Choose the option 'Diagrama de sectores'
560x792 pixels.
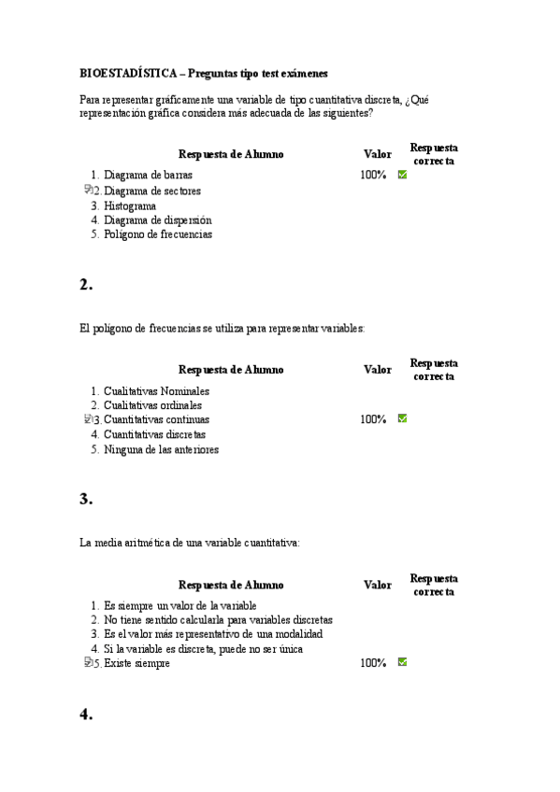151,191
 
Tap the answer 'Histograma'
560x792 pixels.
130,205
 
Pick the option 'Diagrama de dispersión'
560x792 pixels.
158,220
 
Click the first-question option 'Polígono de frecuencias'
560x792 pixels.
158,234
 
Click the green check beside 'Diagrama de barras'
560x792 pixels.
402,175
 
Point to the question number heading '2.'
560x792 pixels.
86,286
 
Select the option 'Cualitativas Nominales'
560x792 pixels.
156,391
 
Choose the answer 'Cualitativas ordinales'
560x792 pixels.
152,405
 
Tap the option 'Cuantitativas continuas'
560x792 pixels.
156,420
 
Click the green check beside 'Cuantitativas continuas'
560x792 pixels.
402,419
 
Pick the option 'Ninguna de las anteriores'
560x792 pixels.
161,449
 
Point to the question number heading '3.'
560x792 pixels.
86,500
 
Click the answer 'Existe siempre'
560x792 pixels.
136,663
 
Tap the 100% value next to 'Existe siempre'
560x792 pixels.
373,663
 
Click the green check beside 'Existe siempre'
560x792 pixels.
402,662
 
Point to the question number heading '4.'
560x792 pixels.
86,714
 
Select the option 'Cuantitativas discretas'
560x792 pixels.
154,434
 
